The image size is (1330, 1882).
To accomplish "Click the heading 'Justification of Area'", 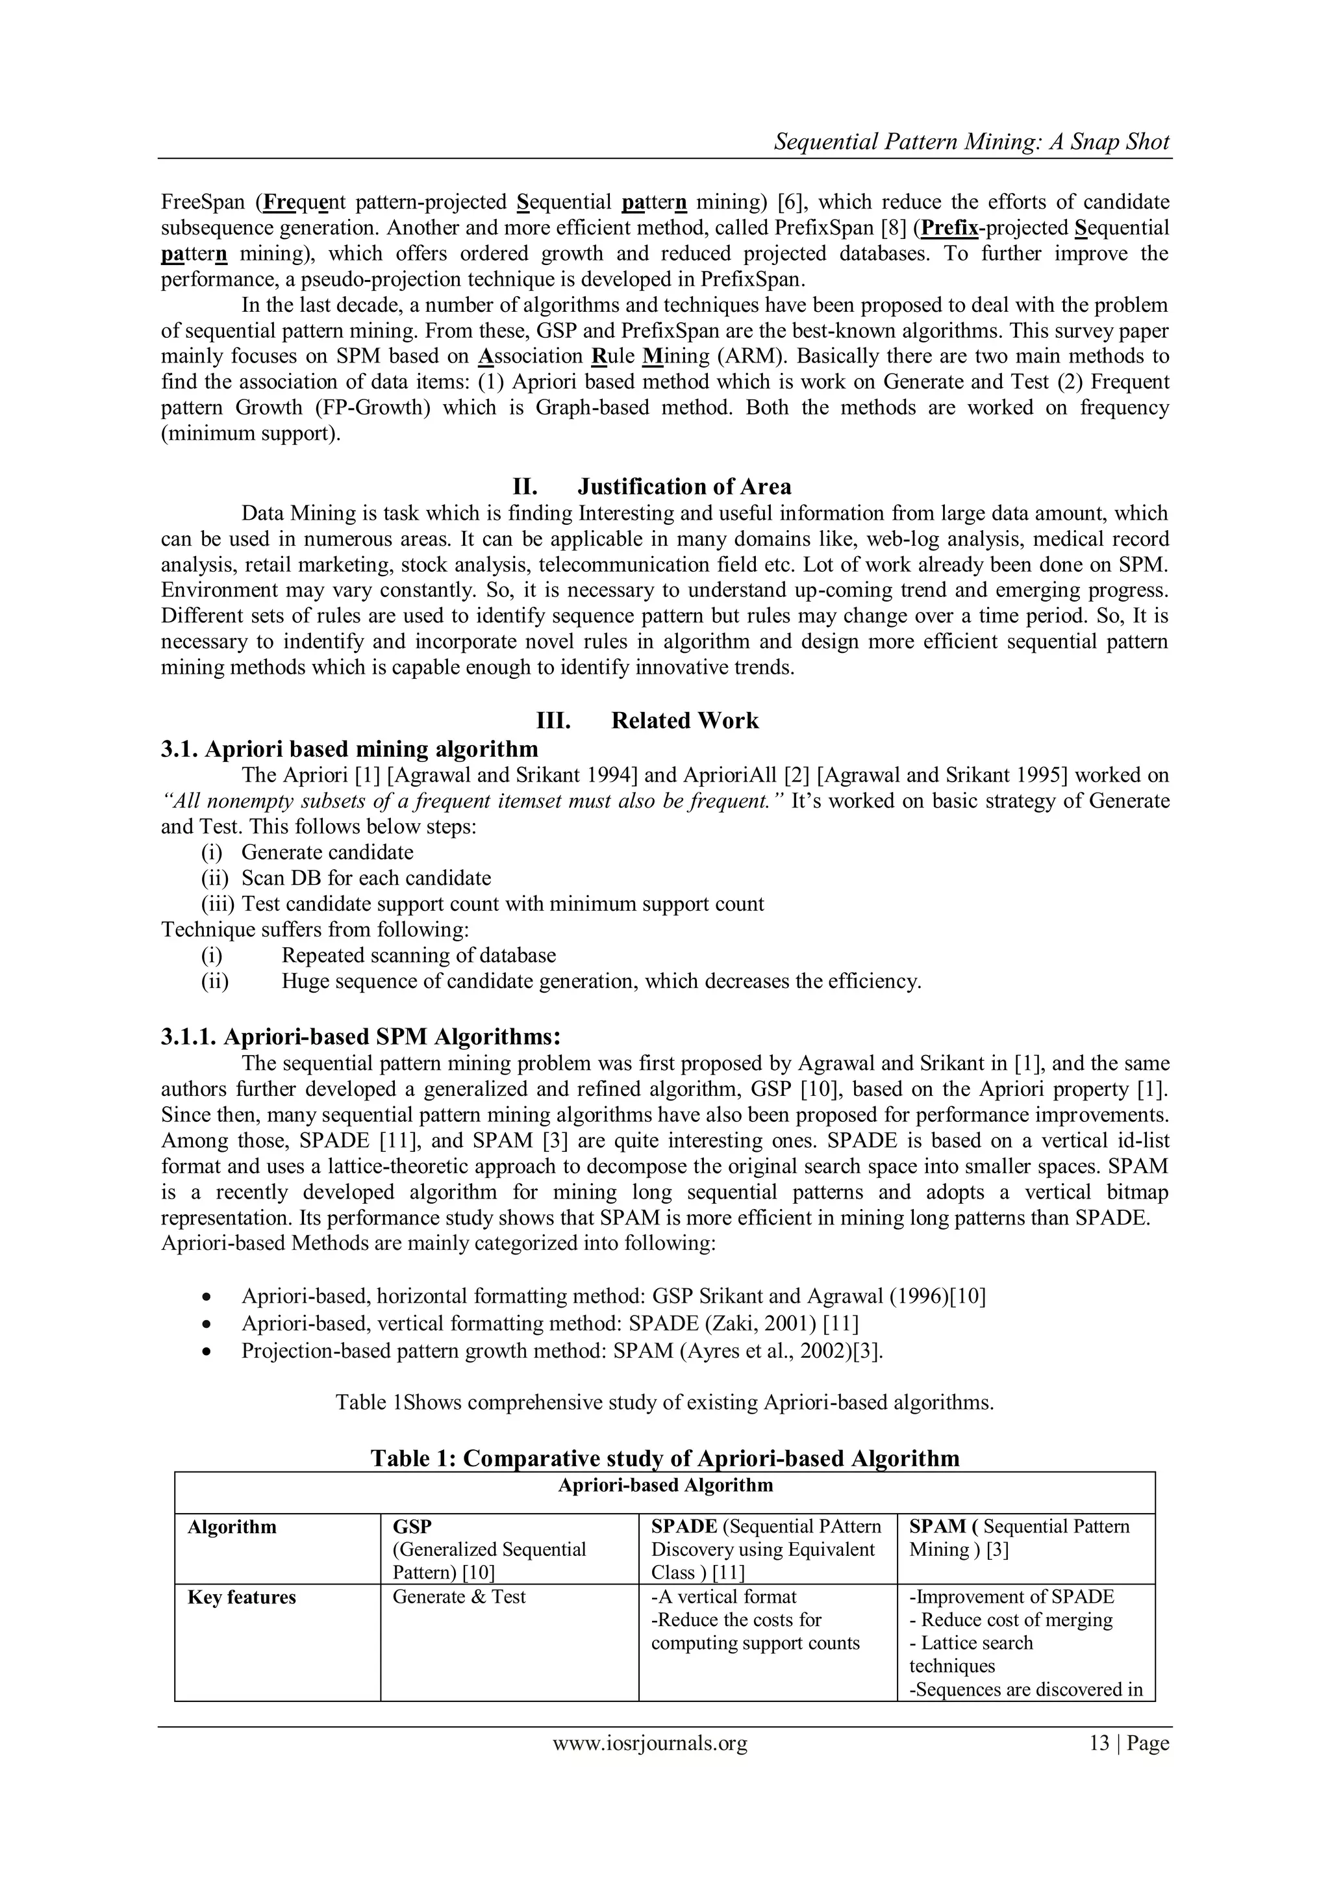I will pos(684,487).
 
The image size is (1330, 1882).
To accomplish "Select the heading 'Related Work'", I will pos(684,720).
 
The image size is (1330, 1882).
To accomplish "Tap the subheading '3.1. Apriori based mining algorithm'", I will pos(350,749).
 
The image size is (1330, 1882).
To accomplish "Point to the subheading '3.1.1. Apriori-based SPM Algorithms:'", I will pos(360,1037).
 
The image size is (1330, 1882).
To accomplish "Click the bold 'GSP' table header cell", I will pos(412,1526).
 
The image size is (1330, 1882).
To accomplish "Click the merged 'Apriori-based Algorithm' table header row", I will pos(664,1485).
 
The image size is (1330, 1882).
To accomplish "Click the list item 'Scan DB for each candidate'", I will pos(366,878).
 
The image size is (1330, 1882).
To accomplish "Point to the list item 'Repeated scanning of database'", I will pos(418,956).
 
